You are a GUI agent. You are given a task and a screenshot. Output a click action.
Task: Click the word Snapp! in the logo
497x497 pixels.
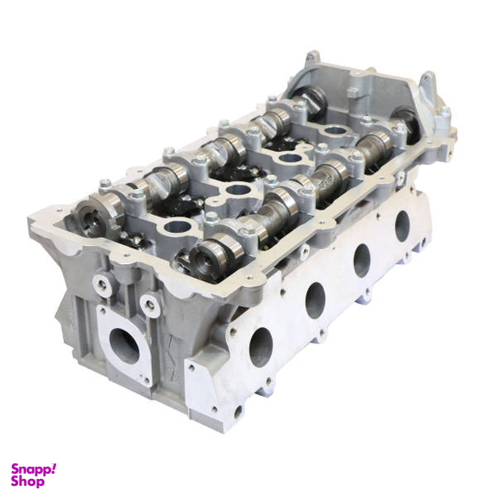click(31, 469)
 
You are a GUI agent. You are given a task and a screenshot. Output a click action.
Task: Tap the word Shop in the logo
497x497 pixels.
click(28, 481)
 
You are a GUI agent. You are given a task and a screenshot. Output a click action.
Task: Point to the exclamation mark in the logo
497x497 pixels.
click(53, 468)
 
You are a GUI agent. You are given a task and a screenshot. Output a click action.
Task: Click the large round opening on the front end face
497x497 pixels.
click(124, 345)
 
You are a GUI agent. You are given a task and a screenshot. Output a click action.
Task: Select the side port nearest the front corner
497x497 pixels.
click(261, 348)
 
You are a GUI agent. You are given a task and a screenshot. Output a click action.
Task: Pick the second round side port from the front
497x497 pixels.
click(316, 300)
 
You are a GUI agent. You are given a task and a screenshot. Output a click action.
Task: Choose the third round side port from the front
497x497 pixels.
click(362, 261)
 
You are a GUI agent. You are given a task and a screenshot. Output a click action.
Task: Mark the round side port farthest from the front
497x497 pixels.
click(402, 226)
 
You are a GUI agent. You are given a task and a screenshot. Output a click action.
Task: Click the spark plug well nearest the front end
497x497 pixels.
click(178, 227)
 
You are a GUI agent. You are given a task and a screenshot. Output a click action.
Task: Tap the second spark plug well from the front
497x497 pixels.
click(239, 191)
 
